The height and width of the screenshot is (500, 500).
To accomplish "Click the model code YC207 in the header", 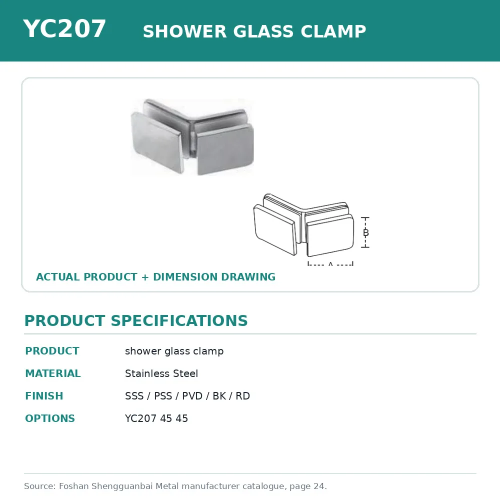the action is tap(64, 28).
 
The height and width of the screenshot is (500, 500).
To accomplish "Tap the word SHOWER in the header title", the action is tap(184, 31).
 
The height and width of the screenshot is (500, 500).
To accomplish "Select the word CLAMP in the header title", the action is tap(333, 31).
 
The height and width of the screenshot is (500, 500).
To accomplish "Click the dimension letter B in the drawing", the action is tap(366, 232).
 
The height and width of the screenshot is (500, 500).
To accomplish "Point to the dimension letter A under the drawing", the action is tap(330, 263).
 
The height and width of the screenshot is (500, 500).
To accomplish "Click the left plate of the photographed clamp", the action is tap(157, 142).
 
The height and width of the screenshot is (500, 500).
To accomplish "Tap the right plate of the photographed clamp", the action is tap(225, 149).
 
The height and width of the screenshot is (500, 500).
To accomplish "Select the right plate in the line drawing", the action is tap(330, 235).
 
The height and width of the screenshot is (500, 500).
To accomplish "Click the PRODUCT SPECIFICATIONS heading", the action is tap(136, 320).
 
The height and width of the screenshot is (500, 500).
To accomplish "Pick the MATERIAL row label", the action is tap(53, 373).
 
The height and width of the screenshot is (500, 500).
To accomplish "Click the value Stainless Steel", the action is tap(161, 373).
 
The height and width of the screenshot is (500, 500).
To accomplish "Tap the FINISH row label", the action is tap(44, 395).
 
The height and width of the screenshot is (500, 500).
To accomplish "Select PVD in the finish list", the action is tap(192, 395).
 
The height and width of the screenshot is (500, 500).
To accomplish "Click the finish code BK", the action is tap(219, 395).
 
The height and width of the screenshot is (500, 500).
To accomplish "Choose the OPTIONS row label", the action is tap(49, 418).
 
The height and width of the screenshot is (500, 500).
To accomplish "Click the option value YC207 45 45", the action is tap(156, 418).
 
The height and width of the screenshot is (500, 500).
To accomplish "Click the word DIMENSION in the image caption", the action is tap(185, 277).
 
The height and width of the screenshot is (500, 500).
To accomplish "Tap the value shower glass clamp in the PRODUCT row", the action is tap(174, 351).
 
